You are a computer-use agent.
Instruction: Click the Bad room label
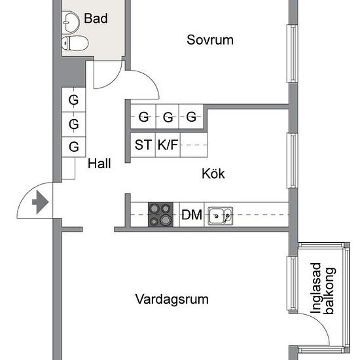[x=96, y=18]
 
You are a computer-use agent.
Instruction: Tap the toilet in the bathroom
[x=75, y=43]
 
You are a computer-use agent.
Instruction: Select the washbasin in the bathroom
[x=71, y=22]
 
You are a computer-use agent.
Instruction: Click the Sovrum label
[x=210, y=40]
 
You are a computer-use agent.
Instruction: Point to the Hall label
[x=99, y=164]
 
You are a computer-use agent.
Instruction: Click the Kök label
[x=213, y=173]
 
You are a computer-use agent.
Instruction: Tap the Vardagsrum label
[x=171, y=299]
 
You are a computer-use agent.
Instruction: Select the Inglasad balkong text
[x=323, y=289]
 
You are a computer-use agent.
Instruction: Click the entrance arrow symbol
[x=41, y=202]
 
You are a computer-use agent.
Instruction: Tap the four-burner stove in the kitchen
[x=160, y=215]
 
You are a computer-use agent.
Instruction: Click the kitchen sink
[x=221, y=216]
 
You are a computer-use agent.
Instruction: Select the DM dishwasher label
[x=192, y=215]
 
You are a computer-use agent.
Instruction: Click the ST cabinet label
[x=143, y=145]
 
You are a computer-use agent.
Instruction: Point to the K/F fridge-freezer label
[x=168, y=145]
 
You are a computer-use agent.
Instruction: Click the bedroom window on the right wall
[x=293, y=53]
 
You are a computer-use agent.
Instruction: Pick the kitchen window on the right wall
[x=293, y=160]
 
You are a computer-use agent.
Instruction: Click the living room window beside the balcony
[x=293, y=283]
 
